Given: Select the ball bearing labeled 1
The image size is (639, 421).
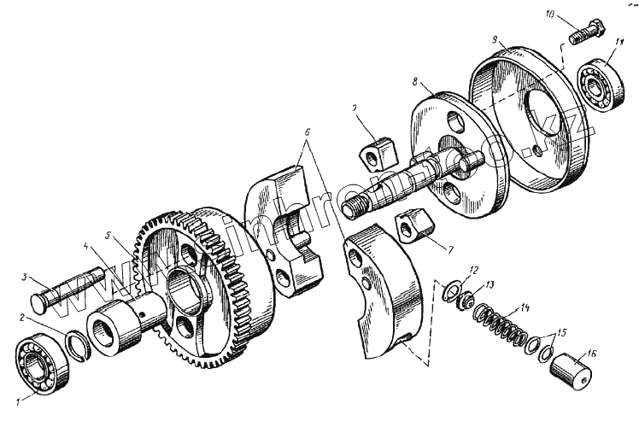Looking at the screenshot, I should pyautogui.click(x=39, y=363).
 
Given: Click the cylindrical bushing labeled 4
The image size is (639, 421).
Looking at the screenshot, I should pyautogui.click(x=112, y=329).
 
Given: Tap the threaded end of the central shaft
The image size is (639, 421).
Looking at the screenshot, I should pyautogui.click(x=360, y=206).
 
